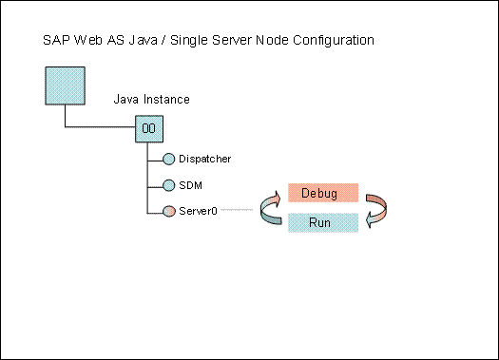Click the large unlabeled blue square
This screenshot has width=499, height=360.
[65, 85]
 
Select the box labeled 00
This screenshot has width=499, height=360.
[149, 129]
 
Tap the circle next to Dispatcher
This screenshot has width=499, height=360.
[168, 159]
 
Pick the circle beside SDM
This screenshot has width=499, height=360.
[168, 185]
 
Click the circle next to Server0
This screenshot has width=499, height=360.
[168, 211]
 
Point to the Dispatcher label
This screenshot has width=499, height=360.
[205, 159]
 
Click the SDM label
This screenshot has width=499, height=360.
[190, 185]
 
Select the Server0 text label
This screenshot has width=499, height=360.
[198, 211]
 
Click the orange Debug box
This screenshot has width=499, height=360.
[323, 193]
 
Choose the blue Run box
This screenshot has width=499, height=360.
[323, 222]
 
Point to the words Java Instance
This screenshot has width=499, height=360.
[151, 99]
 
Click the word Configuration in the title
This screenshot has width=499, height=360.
[334, 41]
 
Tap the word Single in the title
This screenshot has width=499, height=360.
[189, 41]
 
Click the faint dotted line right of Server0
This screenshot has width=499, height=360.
[237, 210]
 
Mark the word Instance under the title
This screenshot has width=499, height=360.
[166, 99]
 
